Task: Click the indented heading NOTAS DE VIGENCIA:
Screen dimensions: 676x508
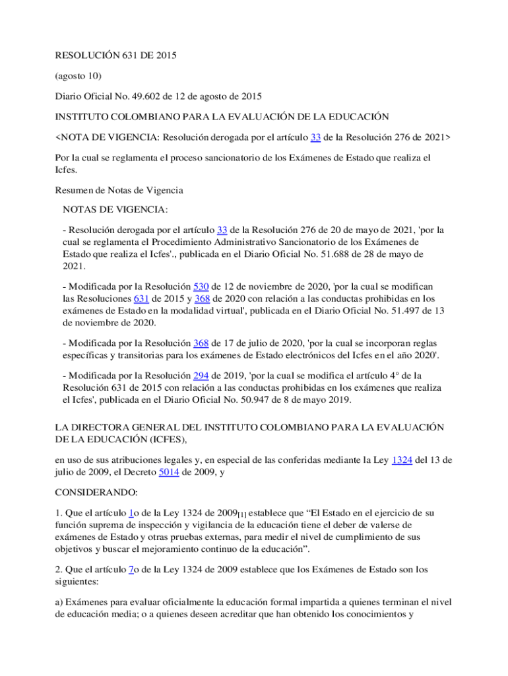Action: point(115,210)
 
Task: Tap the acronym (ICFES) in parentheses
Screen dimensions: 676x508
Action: point(164,440)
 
